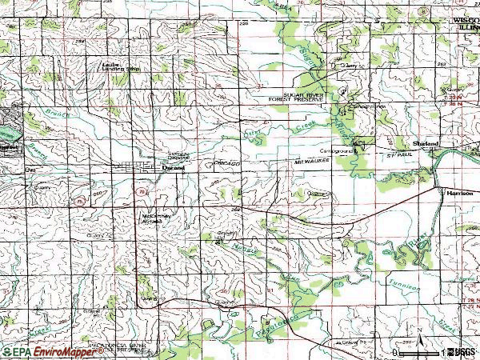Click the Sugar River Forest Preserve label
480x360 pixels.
tap(298, 96)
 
